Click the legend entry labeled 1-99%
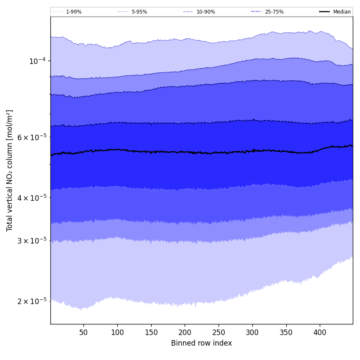(74, 12)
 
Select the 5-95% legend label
(139, 12)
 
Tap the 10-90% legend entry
(205, 12)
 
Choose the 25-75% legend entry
(274, 12)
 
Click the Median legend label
(342, 12)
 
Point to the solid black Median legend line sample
(324, 12)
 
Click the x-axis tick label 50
(83, 333)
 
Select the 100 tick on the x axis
(117, 333)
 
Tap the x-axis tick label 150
(151, 333)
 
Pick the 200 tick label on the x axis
(185, 333)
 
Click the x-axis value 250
(219, 333)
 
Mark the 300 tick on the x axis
(252, 333)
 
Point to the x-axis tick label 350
(286, 333)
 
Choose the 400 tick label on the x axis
(320, 333)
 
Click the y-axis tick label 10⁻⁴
(37, 61)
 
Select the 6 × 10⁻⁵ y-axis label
(32, 137)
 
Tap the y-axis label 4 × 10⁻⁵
(32, 198)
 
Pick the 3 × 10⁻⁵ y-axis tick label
(32, 241)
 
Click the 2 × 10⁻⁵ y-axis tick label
(32, 301)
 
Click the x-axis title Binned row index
(202, 343)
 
